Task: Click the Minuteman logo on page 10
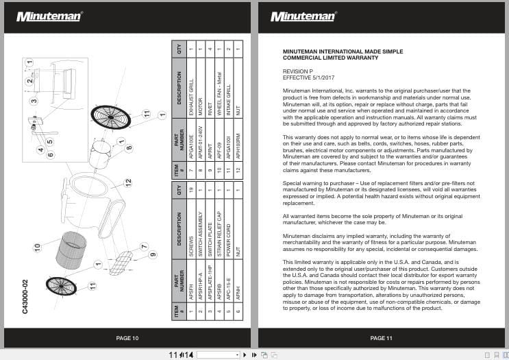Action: point(49,16)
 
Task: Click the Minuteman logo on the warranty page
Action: point(303,16)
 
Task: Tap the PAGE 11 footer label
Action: point(381,338)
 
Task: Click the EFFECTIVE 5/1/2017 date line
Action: point(308,77)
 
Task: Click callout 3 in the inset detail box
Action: point(34,101)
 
